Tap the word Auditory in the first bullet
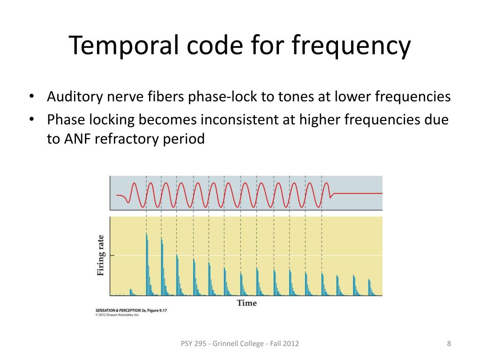tap(75, 97)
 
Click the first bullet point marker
tap(31, 97)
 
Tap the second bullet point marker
tap(31, 120)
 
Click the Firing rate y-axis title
tap(100, 255)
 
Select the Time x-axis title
tap(247, 303)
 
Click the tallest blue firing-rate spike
tap(147, 262)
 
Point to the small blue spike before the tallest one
tap(131, 292)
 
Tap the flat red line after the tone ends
tap(359, 193)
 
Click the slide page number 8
tap(449, 344)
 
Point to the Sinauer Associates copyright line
tap(117, 315)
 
